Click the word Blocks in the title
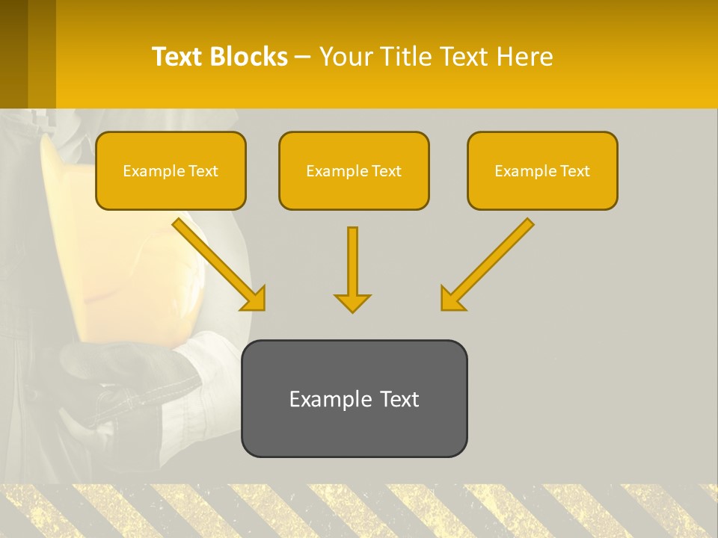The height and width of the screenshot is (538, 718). coord(248,57)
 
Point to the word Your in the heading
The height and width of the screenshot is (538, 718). coord(346,57)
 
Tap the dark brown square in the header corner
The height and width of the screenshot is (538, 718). coord(13,52)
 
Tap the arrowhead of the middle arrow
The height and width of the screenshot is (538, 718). coord(352,303)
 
